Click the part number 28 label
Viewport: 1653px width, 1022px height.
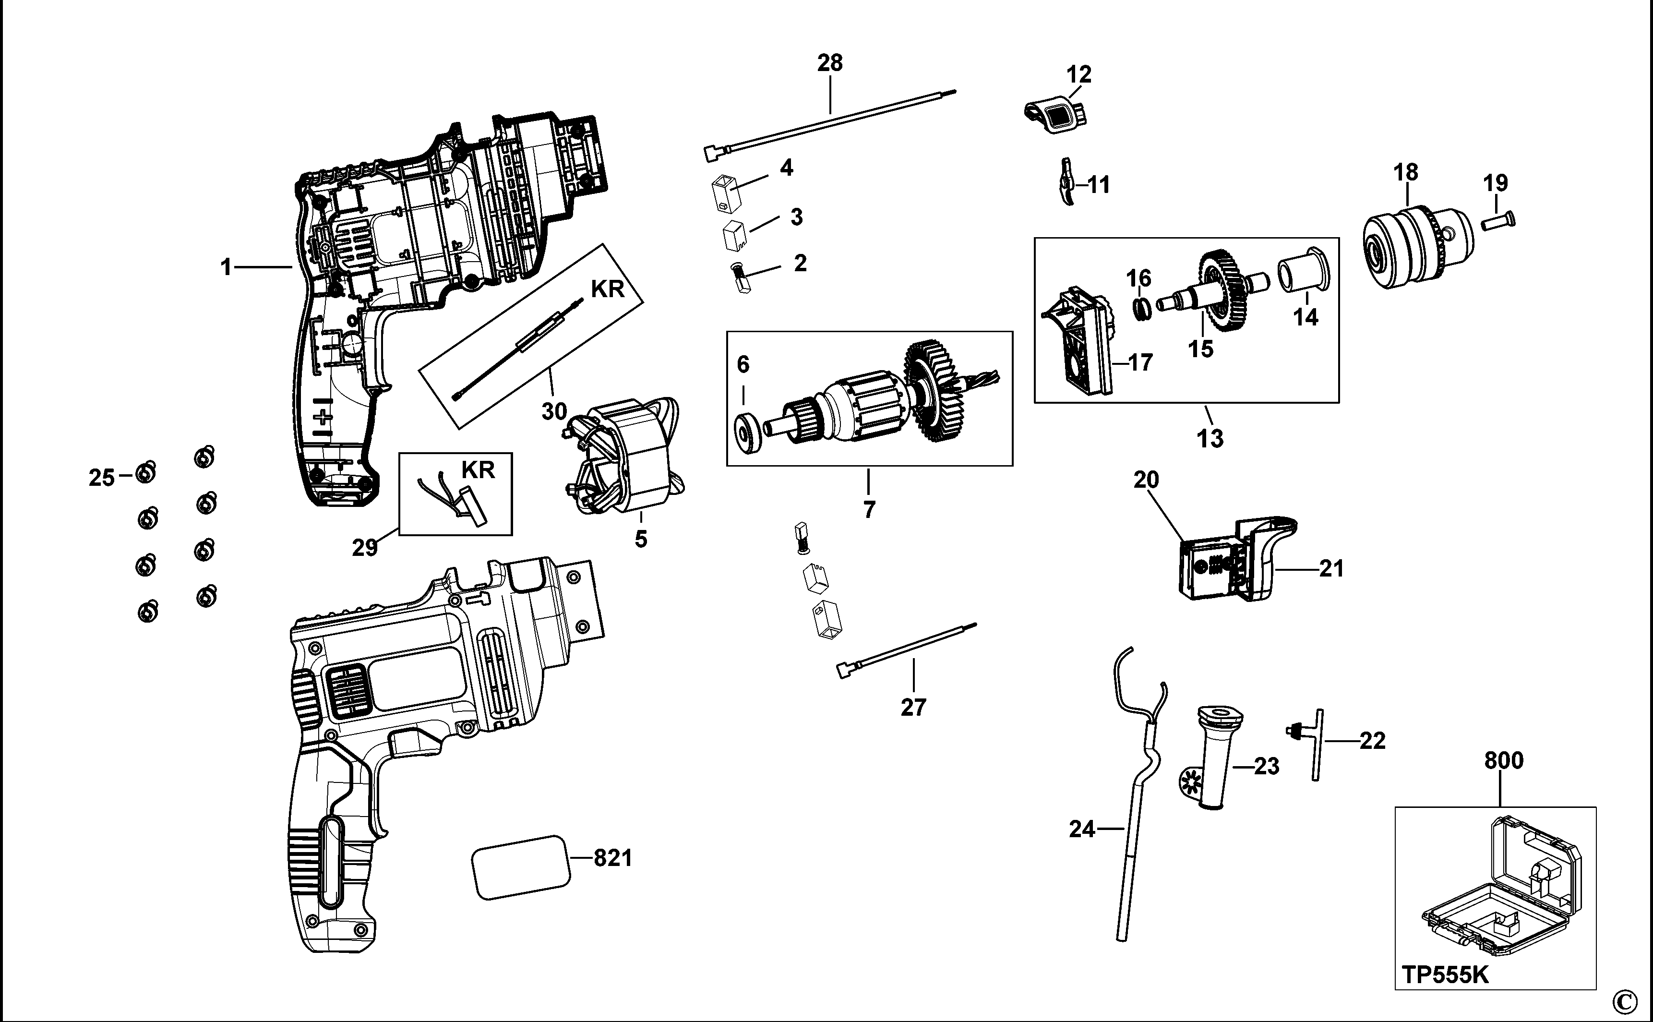click(x=830, y=63)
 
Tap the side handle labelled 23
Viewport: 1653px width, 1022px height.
click(x=1212, y=757)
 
